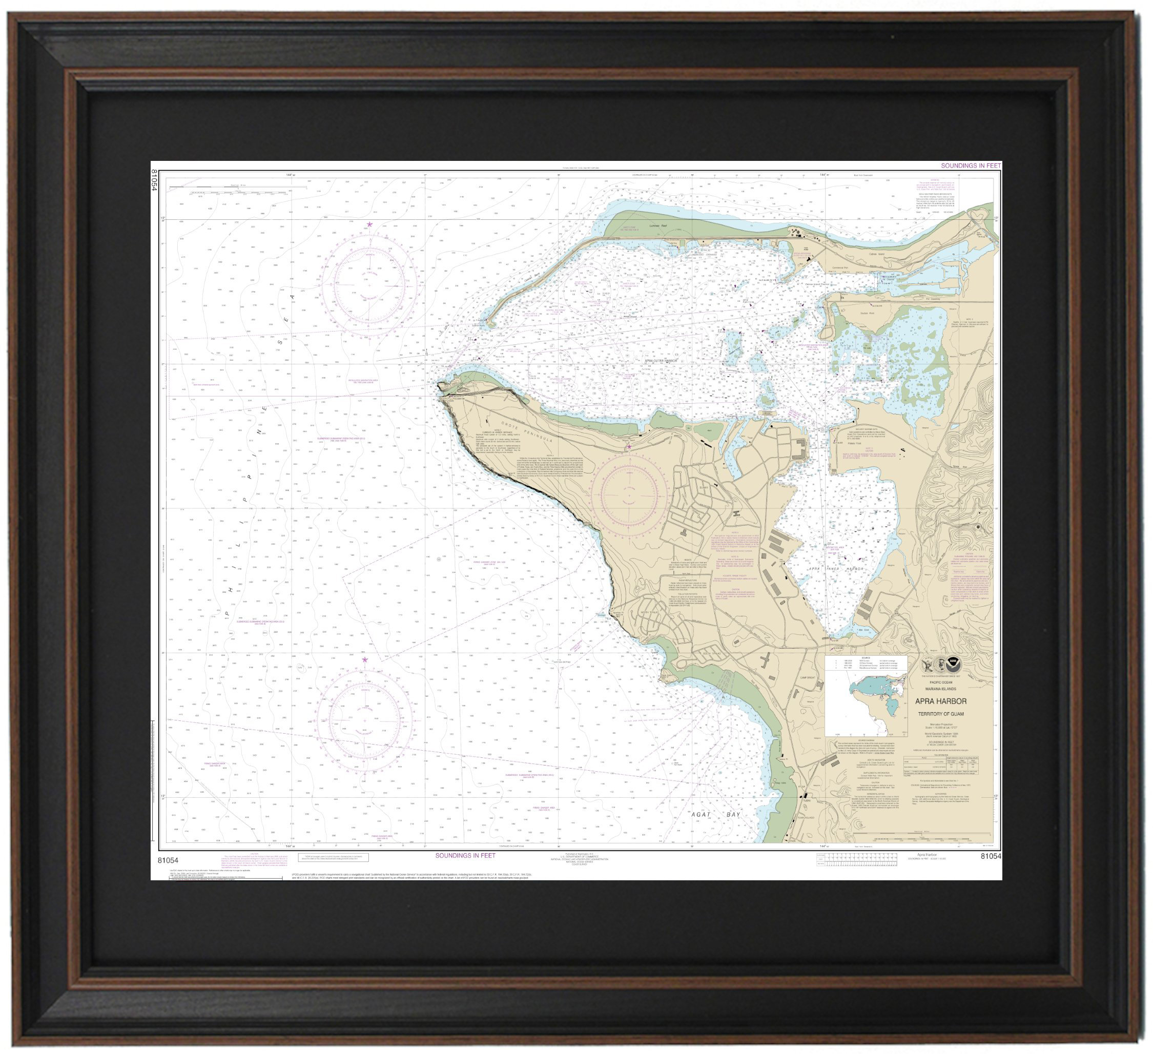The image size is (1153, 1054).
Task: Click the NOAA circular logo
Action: point(953,665)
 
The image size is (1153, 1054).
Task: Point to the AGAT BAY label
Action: point(715,814)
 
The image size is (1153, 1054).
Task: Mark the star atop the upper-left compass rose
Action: point(369,225)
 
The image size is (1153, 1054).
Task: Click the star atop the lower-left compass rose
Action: point(365,660)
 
